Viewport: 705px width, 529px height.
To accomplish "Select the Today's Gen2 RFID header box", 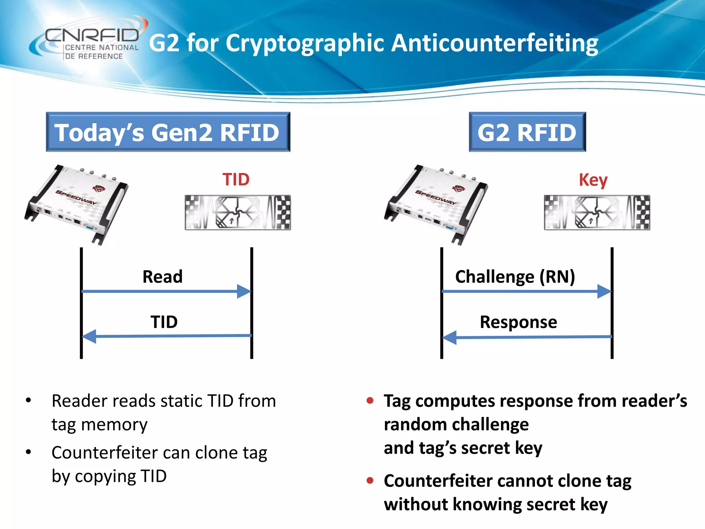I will coord(168,132).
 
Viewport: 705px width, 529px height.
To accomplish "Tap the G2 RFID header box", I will coord(527,132).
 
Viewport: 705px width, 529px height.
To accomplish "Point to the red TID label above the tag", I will coord(236,179).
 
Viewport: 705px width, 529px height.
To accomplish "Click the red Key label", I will coord(593,180).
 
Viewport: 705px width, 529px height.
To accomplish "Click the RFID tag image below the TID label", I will coord(238,212).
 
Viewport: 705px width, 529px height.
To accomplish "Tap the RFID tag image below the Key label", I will coord(597,212).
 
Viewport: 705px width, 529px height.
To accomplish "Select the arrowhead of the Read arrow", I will coord(244,291).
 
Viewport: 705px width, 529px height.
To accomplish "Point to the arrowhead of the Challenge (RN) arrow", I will coord(604,291).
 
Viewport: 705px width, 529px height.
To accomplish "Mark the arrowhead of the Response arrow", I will coord(450,337).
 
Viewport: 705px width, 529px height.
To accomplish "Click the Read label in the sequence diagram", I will coord(162,277).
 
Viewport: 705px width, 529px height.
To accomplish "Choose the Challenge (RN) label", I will coord(515,277).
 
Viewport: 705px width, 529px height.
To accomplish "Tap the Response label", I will coord(518,322).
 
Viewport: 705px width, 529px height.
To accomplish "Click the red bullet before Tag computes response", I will coord(370,401).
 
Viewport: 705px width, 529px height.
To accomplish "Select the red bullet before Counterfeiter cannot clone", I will coord(370,480).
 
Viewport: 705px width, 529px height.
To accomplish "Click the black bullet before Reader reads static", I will coord(29,401).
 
